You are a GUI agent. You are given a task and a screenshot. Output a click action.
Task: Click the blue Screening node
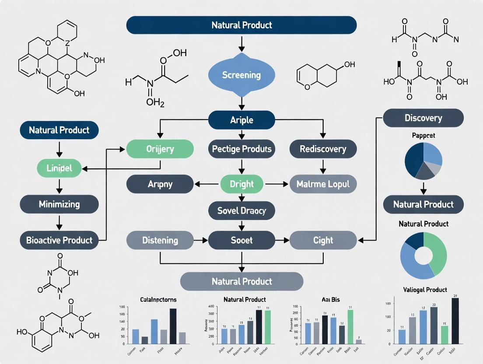tap(241, 75)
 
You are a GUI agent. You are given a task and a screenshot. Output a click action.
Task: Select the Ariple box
tap(241, 120)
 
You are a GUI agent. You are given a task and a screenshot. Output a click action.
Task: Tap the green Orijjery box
tap(160, 149)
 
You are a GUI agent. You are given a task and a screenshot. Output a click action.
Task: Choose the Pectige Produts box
tap(241, 149)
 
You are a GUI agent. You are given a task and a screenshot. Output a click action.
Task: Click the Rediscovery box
tap(323, 149)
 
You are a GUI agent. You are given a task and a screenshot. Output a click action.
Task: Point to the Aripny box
tap(160, 184)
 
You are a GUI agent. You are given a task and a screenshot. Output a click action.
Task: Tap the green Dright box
tap(241, 184)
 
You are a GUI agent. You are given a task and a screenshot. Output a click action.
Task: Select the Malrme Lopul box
tap(323, 184)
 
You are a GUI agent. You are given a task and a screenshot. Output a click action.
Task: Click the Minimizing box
tap(59, 204)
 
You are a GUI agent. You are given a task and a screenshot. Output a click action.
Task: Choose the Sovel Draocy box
tap(241, 211)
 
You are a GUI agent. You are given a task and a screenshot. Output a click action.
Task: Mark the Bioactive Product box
tap(59, 240)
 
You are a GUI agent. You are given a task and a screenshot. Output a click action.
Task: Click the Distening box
tap(160, 240)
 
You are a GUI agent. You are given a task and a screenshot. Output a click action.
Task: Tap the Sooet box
tap(241, 240)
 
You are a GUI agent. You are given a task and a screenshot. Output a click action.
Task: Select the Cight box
tap(323, 240)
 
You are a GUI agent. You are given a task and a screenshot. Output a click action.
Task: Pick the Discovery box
tap(423, 118)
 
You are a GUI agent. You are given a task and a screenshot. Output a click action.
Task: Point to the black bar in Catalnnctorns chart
tap(173, 326)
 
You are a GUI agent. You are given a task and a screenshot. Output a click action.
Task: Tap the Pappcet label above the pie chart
tap(423, 136)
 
